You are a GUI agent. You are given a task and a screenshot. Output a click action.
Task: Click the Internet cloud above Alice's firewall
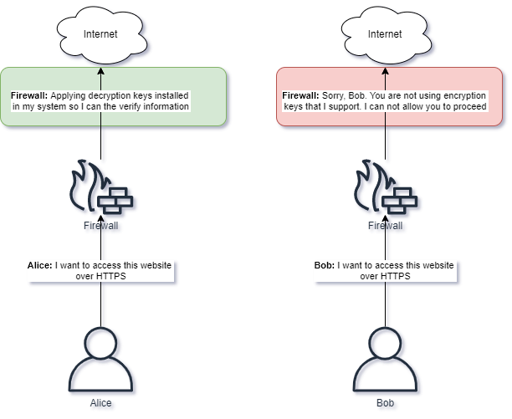pos(101,35)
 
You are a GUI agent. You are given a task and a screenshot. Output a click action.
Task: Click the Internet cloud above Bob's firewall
pos(385,35)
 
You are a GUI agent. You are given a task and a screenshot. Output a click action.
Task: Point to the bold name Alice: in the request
pos(40,265)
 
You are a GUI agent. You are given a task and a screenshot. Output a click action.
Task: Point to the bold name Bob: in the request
pos(324,265)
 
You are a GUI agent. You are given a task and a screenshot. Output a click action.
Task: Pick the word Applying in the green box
pos(68,96)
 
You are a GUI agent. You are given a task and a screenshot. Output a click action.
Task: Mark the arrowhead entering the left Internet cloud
pos(101,71)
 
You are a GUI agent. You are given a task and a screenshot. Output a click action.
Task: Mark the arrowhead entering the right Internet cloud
pos(385,71)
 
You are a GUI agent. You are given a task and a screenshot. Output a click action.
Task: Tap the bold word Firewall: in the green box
pos(29,96)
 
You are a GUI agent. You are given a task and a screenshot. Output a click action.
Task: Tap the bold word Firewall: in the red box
pos(298,96)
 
